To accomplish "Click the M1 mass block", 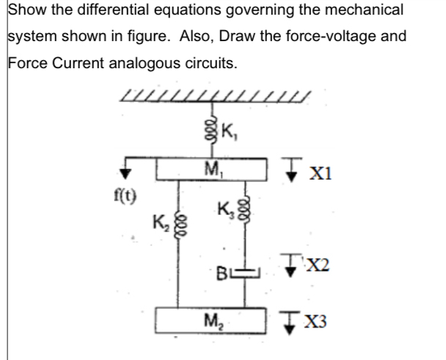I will tap(213, 172).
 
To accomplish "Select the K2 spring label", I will tap(159, 219).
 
